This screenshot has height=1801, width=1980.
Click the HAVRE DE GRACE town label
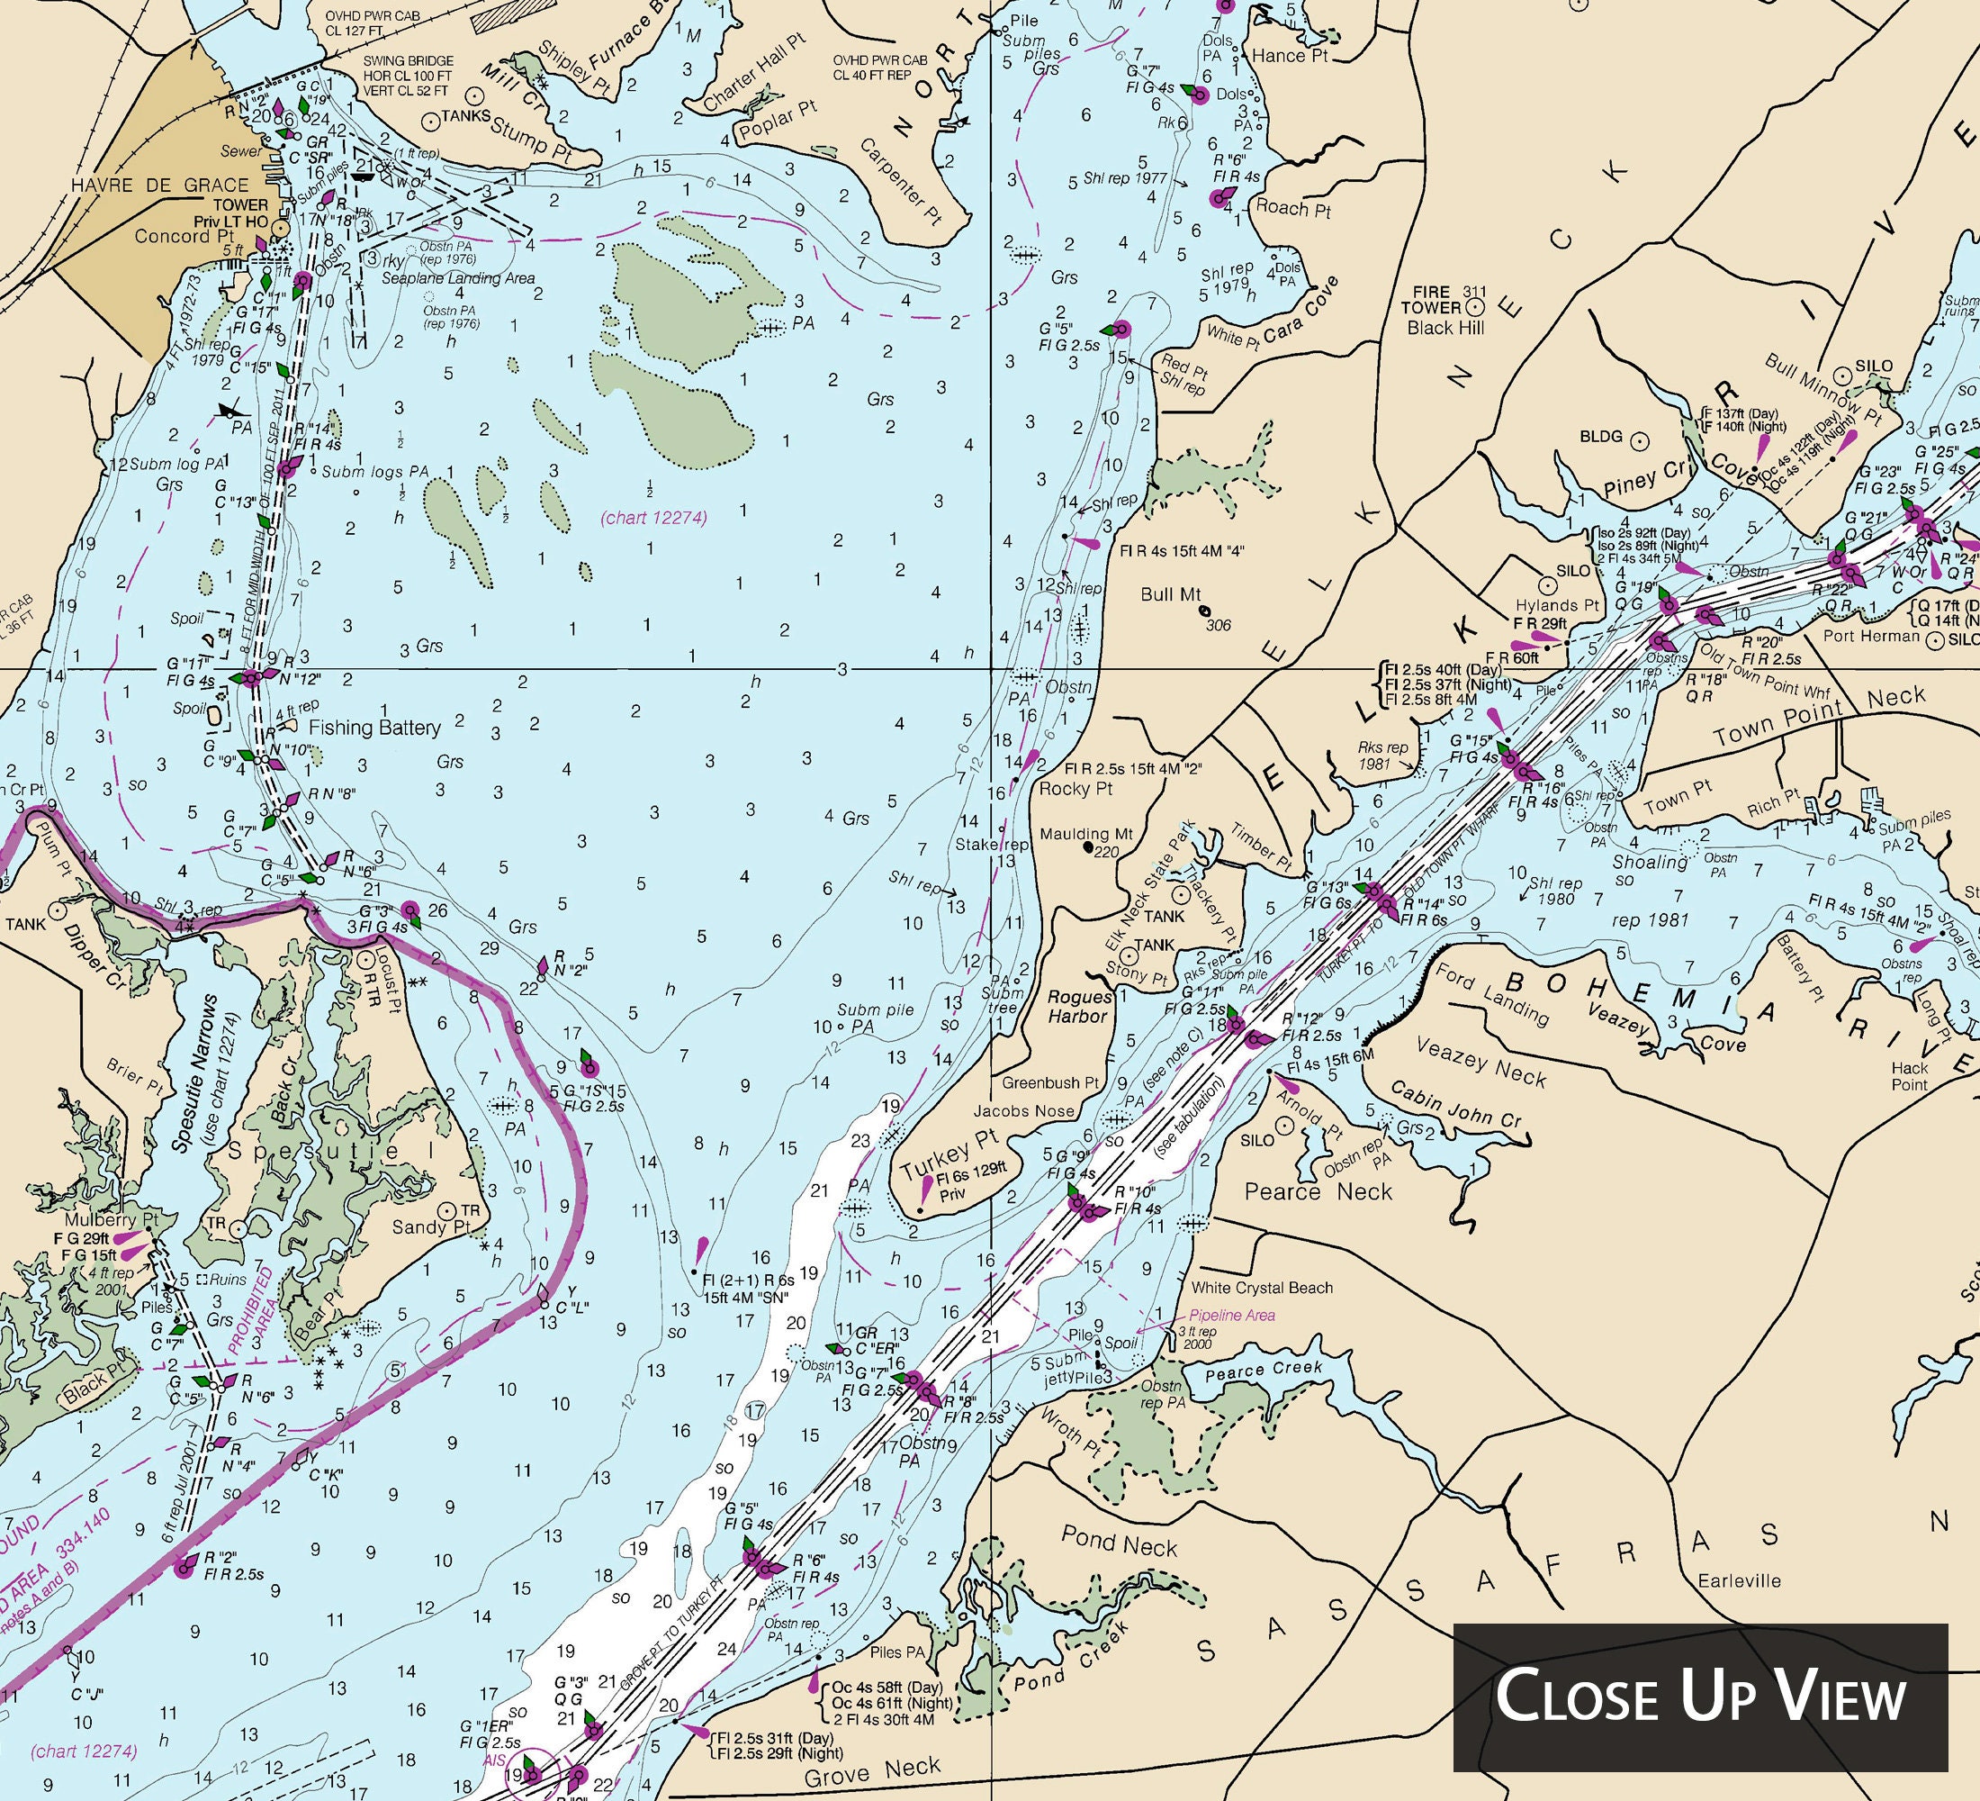pyautogui.click(x=160, y=185)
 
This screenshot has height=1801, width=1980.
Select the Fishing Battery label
pyautogui.click(x=374, y=727)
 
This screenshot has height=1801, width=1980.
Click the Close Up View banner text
pyautogui.click(x=1700, y=1697)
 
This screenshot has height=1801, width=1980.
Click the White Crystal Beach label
pyautogui.click(x=1262, y=1287)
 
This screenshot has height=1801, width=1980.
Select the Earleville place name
pyautogui.click(x=1740, y=1581)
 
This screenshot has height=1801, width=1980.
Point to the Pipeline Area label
pyautogui.click(x=1231, y=1315)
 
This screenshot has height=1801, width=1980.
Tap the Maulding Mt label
pyautogui.click(x=1086, y=834)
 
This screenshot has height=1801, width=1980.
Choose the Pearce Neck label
pyautogui.click(x=1318, y=1192)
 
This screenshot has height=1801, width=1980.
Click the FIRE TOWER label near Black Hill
pyautogui.click(x=1431, y=300)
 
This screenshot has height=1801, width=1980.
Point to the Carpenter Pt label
pyautogui.click(x=900, y=184)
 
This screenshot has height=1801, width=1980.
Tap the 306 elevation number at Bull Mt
pyautogui.click(x=1218, y=625)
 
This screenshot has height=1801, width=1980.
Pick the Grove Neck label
pyautogui.click(x=872, y=1769)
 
